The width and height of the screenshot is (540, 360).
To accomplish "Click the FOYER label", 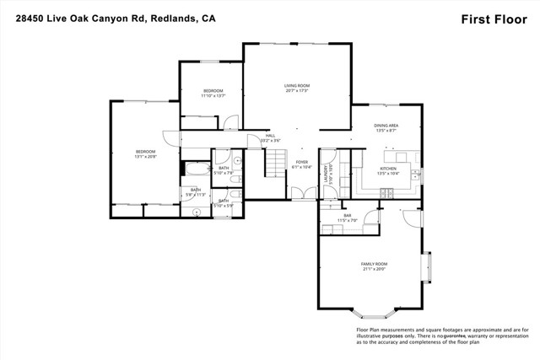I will coord(301,164).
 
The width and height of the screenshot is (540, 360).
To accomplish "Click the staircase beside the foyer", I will coord(274,163).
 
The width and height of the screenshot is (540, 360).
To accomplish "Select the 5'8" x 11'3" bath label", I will coord(195,192).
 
